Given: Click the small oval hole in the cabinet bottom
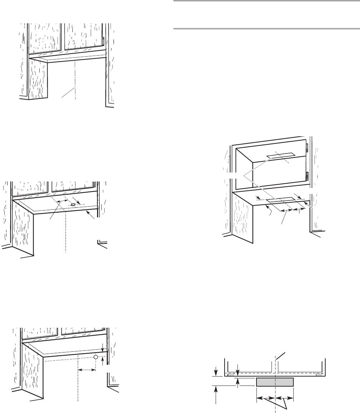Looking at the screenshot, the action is (x=73, y=204).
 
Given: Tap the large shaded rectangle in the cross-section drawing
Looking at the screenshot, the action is (x=275, y=382).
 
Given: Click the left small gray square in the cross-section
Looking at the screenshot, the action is (x=231, y=375).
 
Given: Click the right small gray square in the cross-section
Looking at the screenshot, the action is (x=319, y=375).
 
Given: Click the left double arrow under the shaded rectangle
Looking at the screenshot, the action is (x=265, y=398).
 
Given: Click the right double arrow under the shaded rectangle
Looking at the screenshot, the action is (x=284, y=398).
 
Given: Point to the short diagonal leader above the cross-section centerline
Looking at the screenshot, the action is (x=281, y=356).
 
